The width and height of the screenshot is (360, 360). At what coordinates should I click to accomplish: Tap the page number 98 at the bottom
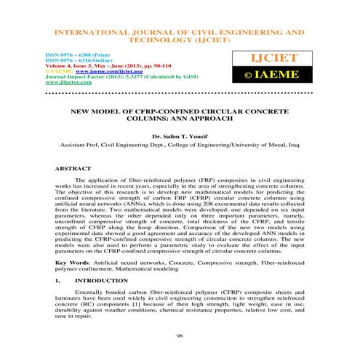coord(180,337)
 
